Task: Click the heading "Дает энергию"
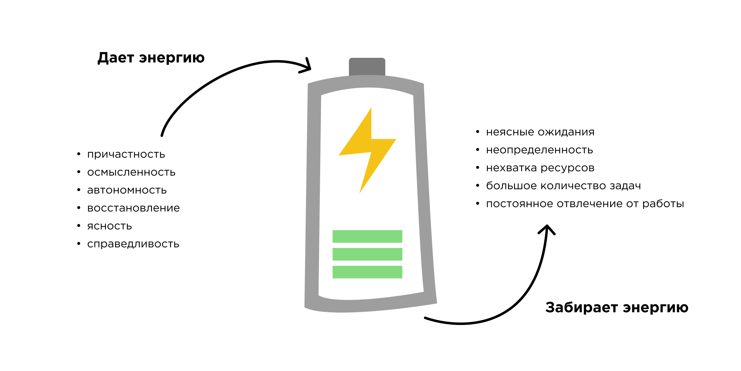click(x=151, y=58)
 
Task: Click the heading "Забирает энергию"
click(x=617, y=308)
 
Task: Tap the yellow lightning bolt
click(x=367, y=150)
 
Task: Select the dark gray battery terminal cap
click(x=367, y=66)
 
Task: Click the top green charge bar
click(x=367, y=237)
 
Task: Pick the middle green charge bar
click(x=367, y=254)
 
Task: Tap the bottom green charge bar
click(x=367, y=272)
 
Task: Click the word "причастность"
click(x=126, y=155)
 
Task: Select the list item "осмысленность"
click(x=131, y=173)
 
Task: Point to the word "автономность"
click(x=127, y=190)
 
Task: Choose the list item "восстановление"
click(x=133, y=208)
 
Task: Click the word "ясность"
click(x=109, y=226)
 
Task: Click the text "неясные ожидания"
click(x=540, y=132)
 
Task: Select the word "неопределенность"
click(x=539, y=150)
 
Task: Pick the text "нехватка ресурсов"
click(x=540, y=168)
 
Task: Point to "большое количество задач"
click(x=563, y=186)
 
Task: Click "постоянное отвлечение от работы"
click(x=585, y=204)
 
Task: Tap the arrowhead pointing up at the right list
click(x=547, y=229)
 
